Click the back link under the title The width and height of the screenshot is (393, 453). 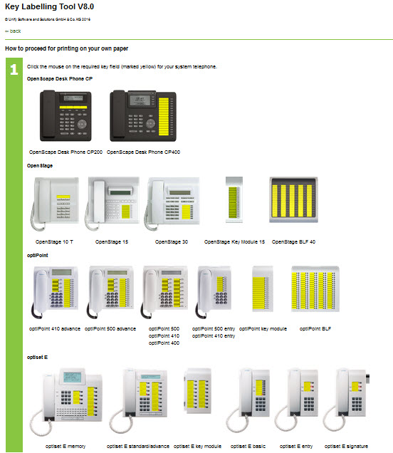(x=13, y=31)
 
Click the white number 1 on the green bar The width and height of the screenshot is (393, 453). (x=14, y=69)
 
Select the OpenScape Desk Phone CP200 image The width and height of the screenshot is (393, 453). (x=65, y=116)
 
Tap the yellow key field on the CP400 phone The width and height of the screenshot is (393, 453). (x=164, y=116)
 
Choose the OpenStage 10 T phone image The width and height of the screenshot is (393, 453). (x=55, y=204)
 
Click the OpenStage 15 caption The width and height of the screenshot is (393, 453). (x=112, y=241)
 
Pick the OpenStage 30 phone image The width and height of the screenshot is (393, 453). (x=172, y=204)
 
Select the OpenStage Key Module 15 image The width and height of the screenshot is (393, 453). (x=234, y=199)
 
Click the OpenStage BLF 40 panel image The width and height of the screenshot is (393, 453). (x=293, y=199)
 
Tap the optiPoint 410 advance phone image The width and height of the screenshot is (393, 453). (x=55, y=292)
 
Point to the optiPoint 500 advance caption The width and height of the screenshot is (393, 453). (x=110, y=329)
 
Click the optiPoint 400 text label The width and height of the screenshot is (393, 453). (x=164, y=343)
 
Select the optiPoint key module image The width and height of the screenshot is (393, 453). (x=263, y=289)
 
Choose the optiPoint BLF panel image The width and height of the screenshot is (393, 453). (x=315, y=289)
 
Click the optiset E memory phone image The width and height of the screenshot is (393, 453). (x=65, y=402)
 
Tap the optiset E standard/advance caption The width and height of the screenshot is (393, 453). (x=137, y=447)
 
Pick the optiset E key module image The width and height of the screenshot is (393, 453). (x=198, y=390)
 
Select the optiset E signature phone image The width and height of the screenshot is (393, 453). (x=346, y=400)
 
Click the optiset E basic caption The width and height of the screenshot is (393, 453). (x=248, y=447)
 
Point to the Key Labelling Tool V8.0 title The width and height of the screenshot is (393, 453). (x=49, y=6)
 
